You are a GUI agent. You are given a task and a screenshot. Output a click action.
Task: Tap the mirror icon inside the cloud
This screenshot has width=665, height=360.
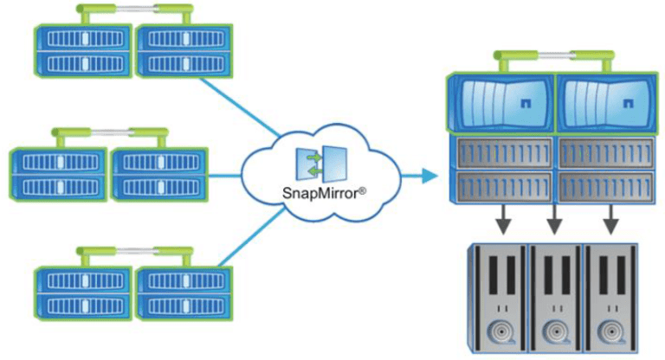320,164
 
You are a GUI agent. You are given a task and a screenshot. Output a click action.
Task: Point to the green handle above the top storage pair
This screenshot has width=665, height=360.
135,11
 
